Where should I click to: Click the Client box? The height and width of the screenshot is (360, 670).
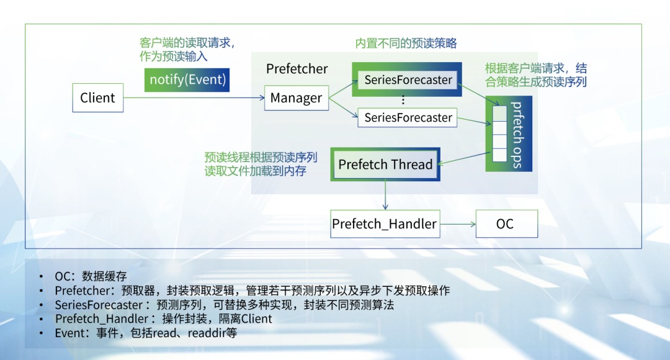click(97, 98)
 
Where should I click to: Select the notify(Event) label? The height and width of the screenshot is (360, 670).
click(187, 80)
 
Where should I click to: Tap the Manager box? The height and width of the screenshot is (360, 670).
click(296, 98)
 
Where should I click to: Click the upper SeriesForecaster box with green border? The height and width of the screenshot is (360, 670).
click(408, 80)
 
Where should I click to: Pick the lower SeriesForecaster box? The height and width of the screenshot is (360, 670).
click(408, 117)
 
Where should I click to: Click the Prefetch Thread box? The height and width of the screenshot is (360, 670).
click(385, 164)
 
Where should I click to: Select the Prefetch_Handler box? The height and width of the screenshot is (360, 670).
click(385, 224)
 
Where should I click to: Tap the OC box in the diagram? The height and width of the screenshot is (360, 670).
click(505, 224)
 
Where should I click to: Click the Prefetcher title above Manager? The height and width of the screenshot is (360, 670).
click(297, 69)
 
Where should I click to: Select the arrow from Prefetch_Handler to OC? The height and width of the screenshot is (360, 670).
click(458, 224)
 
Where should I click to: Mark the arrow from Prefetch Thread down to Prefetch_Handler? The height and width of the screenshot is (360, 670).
click(385, 196)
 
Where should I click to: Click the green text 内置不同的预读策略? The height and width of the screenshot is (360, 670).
click(406, 43)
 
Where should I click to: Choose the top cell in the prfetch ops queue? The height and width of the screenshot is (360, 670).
click(499, 112)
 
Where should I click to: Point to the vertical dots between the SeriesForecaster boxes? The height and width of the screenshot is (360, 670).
click(403, 99)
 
